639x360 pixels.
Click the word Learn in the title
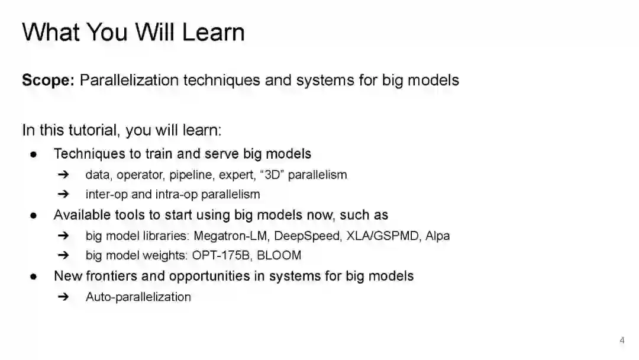point(213,32)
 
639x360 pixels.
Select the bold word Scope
point(48,81)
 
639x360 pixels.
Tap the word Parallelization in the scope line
point(129,80)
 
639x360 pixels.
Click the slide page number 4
point(622,340)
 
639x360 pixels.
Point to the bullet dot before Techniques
point(33,155)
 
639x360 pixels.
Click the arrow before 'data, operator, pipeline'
point(63,175)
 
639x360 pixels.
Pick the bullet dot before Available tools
point(33,216)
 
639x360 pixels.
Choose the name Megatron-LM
point(230,236)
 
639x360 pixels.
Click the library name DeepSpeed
point(307,236)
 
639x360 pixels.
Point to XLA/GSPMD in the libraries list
point(382,236)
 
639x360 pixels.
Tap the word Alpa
point(437,236)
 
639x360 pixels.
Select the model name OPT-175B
point(221,255)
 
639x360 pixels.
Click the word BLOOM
point(279,255)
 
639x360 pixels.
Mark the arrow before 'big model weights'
point(63,255)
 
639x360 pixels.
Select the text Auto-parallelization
point(138,297)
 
